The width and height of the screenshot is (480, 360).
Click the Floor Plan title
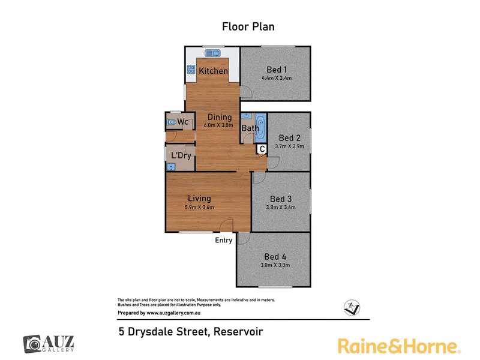248,26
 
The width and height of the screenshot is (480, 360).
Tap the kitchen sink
213,53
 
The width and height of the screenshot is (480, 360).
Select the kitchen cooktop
191,70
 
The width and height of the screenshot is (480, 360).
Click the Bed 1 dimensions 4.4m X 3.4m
277,78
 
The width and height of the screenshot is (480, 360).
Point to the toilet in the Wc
172,122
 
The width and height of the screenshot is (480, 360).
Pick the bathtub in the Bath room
261,128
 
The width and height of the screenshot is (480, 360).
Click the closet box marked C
262,149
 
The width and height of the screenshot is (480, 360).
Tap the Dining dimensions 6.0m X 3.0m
218,125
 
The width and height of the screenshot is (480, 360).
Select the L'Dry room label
181,155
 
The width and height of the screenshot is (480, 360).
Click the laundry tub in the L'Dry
170,167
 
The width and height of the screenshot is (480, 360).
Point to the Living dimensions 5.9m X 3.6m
199,207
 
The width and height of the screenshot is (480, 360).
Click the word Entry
223,241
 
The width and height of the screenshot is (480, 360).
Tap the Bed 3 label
281,199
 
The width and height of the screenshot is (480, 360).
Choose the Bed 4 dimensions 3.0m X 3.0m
275,265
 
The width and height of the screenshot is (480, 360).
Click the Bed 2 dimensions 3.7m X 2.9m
290,146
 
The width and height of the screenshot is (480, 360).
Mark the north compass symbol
352,307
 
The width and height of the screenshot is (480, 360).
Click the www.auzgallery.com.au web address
173,313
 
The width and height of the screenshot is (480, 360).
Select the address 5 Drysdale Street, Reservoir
191,332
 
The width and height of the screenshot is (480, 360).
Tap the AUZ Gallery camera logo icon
32,344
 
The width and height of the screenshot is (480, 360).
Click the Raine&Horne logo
399,346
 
